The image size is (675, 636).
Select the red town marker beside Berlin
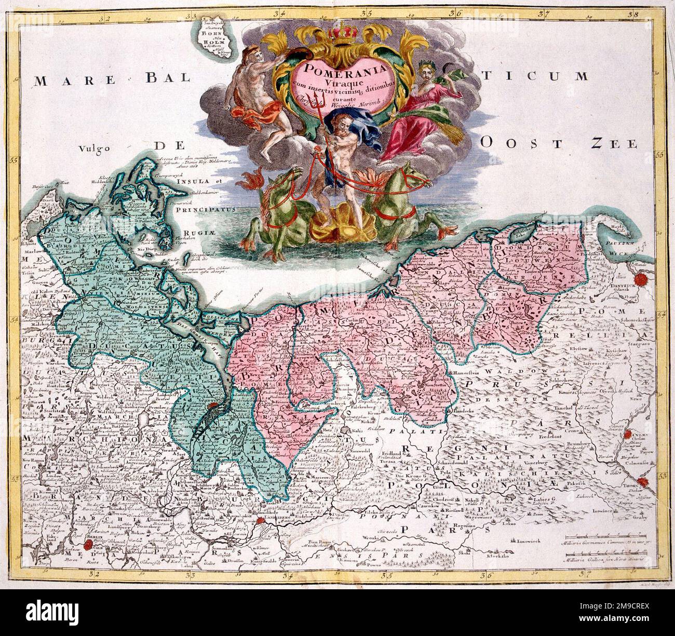(89, 545)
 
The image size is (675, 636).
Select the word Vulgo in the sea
(96, 149)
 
